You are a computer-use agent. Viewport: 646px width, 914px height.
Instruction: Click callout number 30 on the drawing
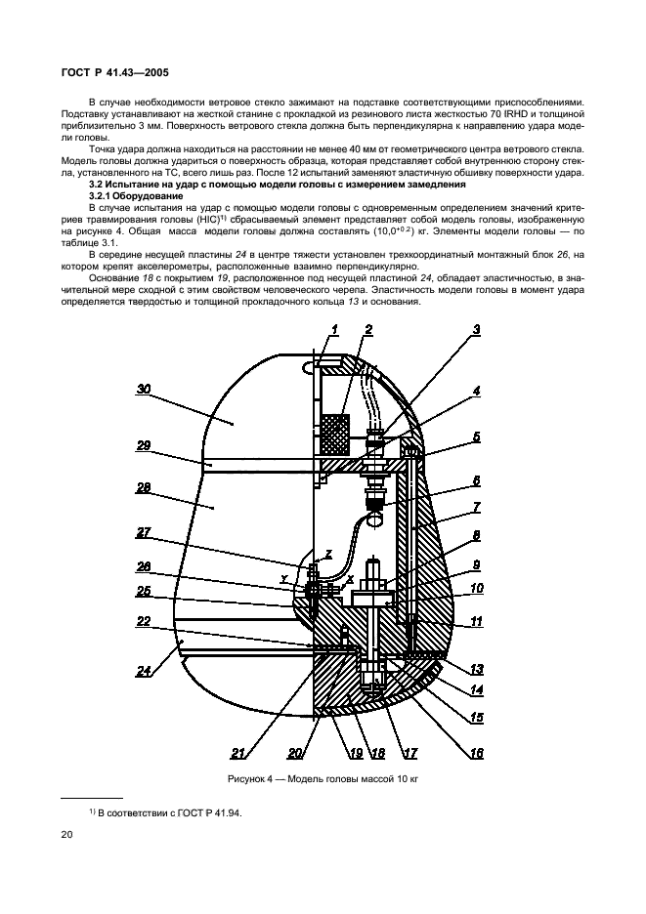click(x=144, y=389)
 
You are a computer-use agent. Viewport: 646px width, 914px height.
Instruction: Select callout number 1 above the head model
click(x=334, y=330)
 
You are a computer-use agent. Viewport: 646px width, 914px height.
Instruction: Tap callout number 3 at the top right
click(x=476, y=330)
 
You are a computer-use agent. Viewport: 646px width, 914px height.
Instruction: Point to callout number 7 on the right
click(x=476, y=507)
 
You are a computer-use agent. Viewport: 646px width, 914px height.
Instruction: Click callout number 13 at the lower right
click(x=476, y=670)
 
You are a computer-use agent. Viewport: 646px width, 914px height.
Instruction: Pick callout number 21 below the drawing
click(x=237, y=754)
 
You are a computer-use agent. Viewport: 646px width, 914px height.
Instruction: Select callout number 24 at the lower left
click(x=144, y=672)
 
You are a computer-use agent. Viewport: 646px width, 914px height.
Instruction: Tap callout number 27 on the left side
click(x=144, y=532)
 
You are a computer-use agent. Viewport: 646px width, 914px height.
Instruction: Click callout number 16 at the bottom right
click(x=476, y=754)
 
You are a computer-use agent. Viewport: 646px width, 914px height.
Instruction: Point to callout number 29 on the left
click(x=144, y=445)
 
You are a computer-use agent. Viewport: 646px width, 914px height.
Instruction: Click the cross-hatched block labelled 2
click(x=335, y=435)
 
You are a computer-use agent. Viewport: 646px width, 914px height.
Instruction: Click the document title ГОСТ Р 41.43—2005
click(x=115, y=73)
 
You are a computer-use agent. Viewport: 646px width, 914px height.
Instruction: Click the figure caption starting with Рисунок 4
click(x=323, y=779)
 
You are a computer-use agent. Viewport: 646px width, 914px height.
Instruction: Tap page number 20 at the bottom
click(x=66, y=835)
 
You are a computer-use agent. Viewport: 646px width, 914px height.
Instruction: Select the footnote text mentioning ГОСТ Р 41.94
click(x=165, y=813)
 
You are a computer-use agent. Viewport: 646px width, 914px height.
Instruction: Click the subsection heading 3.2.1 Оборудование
click(x=136, y=196)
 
